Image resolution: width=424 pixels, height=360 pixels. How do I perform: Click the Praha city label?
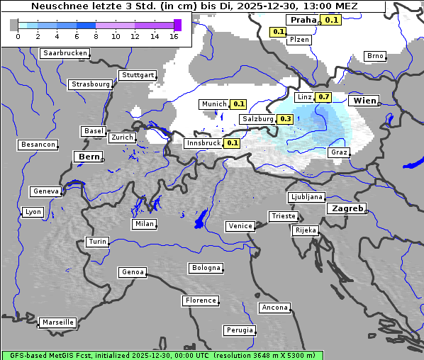[302, 20]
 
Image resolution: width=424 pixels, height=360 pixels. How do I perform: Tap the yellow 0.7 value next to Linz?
[324, 97]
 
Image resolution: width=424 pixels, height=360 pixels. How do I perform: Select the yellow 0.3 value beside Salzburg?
[286, 119]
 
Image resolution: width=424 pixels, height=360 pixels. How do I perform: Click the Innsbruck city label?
[203, 143]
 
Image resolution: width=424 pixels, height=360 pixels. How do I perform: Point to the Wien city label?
[365, 101]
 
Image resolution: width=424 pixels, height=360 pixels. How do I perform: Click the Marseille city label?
[57, 322]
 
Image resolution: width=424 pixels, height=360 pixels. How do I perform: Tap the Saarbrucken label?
[65, 53]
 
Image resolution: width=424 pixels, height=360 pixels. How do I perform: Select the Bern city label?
[89, 157]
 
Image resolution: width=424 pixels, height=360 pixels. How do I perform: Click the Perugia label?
[239, 330]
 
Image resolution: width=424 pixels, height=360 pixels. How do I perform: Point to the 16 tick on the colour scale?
[174, 36]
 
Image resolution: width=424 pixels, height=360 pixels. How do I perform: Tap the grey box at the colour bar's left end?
[13, 25]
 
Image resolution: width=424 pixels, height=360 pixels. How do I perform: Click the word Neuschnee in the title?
[55, 6]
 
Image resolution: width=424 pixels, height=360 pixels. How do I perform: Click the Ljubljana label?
[306, 197]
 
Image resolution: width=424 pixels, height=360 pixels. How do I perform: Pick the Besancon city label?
[38, 145]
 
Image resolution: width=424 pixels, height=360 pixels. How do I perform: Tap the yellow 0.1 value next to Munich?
[239, 104]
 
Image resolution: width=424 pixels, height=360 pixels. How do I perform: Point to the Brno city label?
[374, 56]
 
